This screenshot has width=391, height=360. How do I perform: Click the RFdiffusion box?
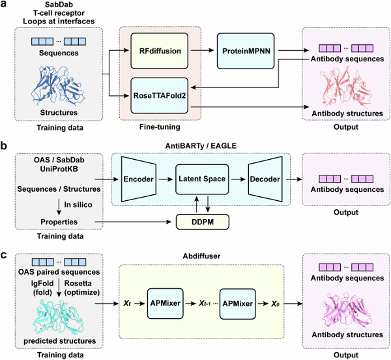tap(158, 50)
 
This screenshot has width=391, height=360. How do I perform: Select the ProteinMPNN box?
tap(242, 50)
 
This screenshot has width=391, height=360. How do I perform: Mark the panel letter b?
tap(5, 145)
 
